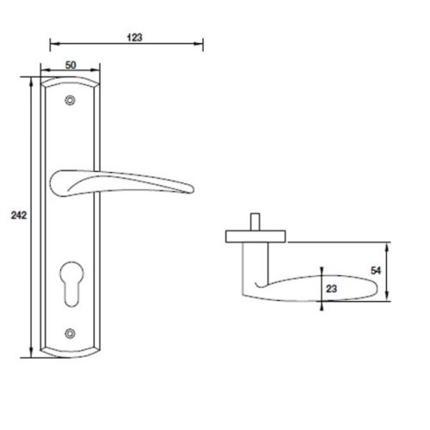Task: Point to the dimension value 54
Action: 402,269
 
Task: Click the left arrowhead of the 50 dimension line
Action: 43,72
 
